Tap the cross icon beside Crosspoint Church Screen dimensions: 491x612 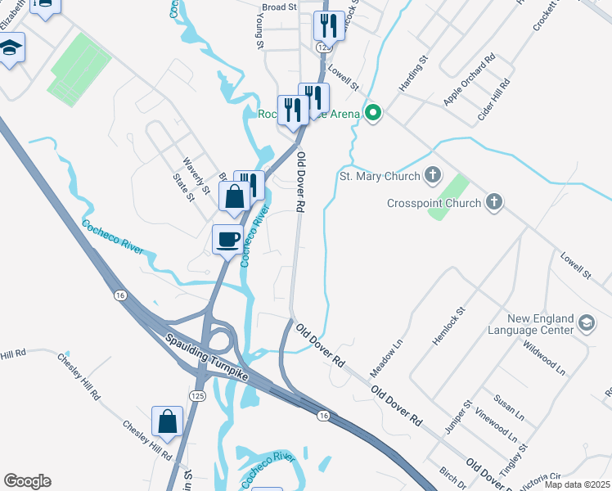pos(493,202)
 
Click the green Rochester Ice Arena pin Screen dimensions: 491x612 pos(374,114)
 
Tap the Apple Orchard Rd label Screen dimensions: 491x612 pos(470,79)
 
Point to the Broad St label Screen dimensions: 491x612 pos(279,7)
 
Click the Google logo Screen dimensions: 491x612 pos(27,481)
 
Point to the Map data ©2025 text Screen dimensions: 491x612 pos(578,484)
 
